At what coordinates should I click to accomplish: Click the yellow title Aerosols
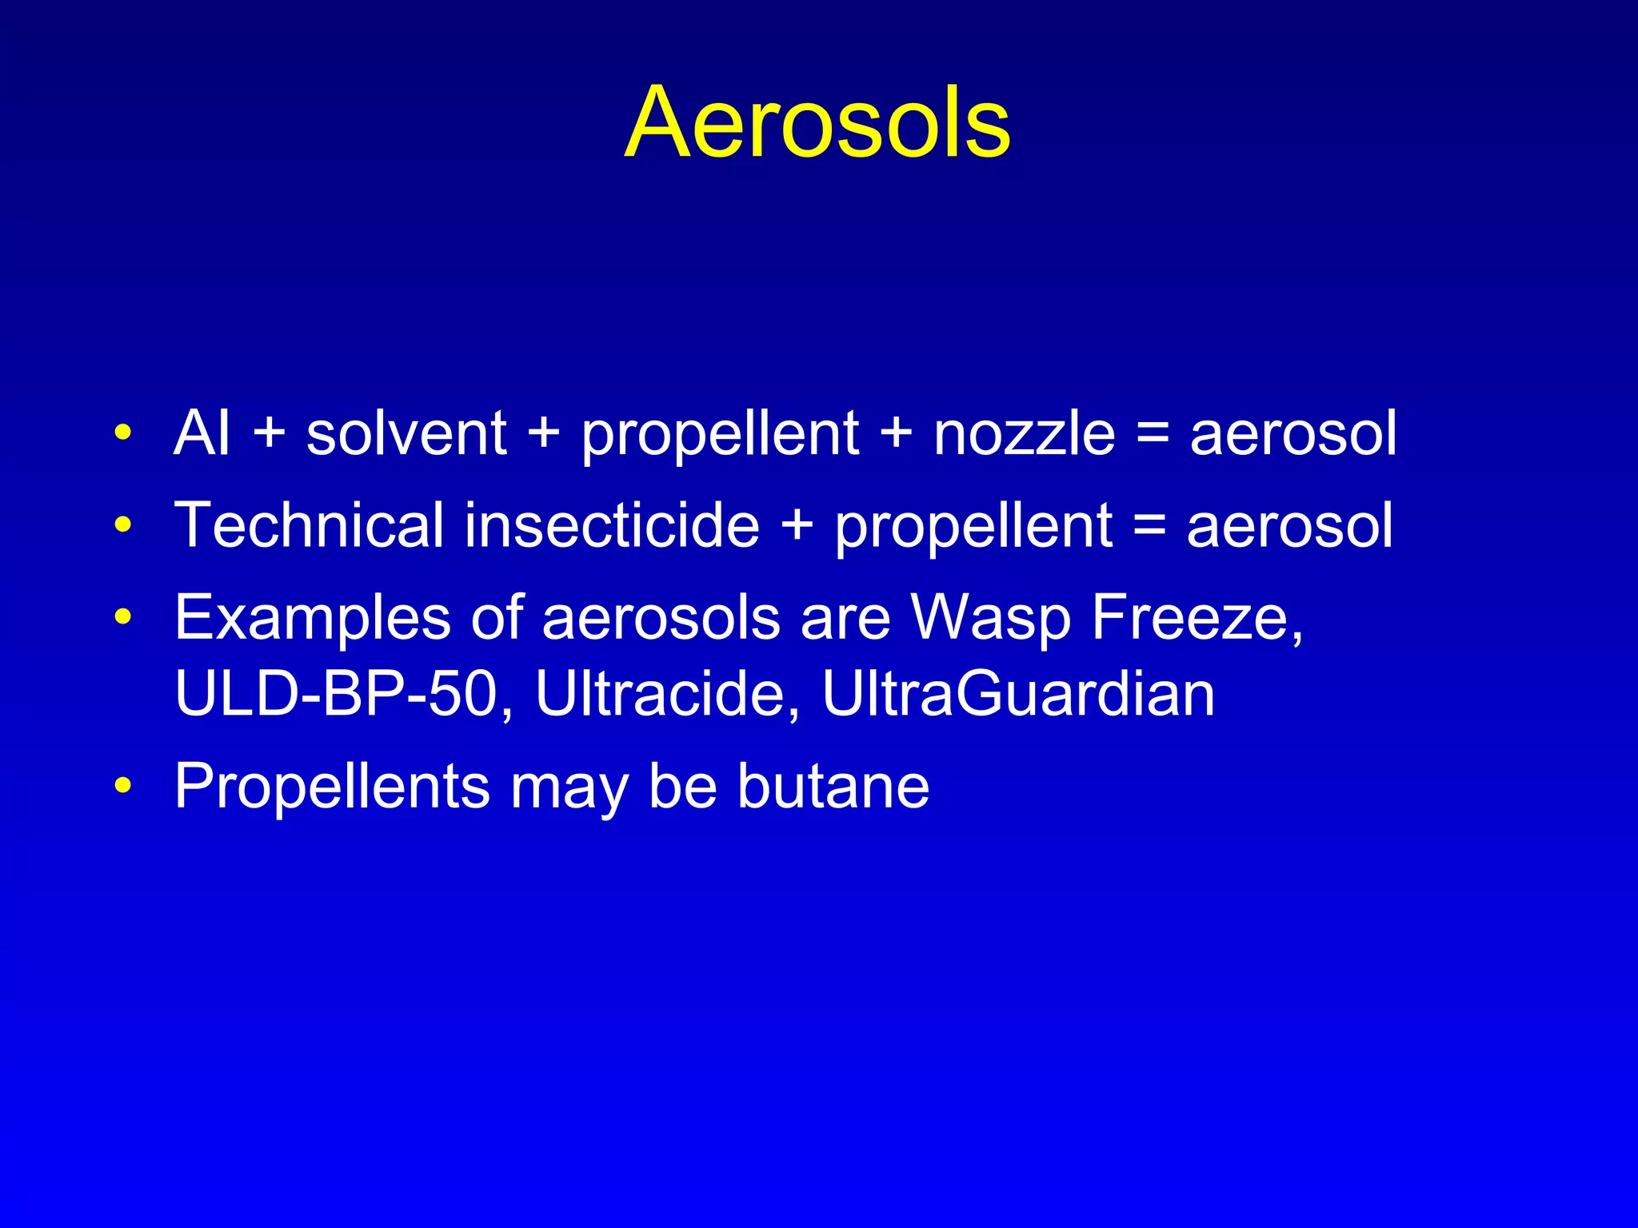(817, 123)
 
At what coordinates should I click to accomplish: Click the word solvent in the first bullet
(406, 433)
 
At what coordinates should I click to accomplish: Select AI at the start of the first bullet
(202, 433)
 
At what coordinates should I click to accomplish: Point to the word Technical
(309, 525)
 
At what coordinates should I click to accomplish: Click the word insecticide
(612, 525)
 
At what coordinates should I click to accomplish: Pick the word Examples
(313, 618)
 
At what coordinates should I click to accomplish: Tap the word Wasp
(991, 618)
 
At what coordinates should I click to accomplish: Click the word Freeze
(1197, 618)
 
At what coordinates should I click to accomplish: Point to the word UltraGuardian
(1018, 693)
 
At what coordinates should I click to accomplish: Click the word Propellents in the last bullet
(332, 787)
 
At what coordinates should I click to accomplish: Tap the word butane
(833, 787)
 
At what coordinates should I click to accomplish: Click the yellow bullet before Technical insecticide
(122, 525)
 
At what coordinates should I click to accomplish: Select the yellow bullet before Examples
(122, 617)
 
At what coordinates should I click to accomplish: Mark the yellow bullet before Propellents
(122, 786)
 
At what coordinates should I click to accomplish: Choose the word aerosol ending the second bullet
(1289, 525)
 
